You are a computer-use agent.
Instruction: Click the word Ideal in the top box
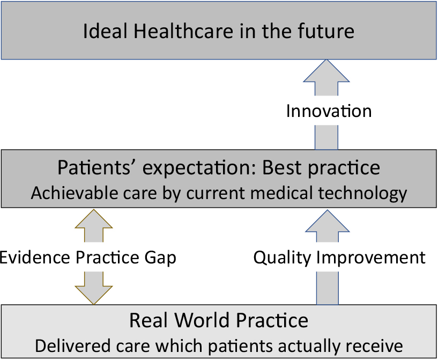106,31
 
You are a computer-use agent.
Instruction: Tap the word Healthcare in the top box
183,31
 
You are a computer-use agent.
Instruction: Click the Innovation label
329,111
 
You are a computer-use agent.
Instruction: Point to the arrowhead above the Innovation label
326,71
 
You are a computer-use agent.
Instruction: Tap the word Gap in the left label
160,258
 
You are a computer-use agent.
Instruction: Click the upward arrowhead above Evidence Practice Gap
94,219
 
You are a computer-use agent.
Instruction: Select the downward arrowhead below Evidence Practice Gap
94,295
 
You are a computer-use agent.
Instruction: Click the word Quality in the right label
282,258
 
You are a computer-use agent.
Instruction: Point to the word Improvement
371,258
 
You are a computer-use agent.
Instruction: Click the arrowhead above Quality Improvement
327,221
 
